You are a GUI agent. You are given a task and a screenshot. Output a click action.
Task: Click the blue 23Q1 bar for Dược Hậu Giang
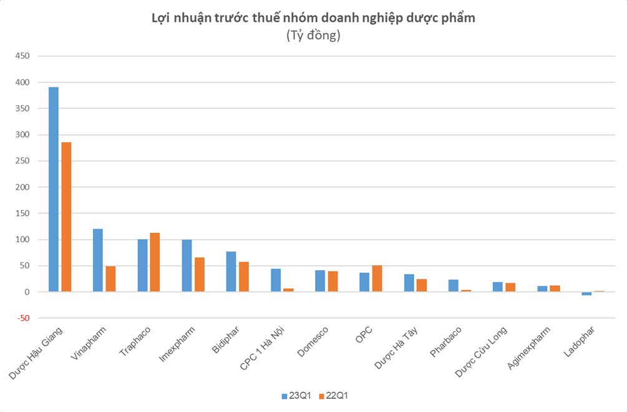click(x=54, y=189)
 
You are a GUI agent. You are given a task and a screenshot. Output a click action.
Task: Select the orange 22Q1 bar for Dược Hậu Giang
click(x=66, y=217)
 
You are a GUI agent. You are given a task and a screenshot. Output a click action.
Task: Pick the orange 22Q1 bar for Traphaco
click(x=155, y=262)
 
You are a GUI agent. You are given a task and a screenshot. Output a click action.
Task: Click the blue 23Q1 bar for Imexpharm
click(x=187, y=266)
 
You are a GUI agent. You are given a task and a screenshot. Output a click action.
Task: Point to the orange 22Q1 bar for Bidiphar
click(x=244, y=277)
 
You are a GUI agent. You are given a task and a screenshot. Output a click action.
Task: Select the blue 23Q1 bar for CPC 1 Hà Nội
click(x=276, y=280)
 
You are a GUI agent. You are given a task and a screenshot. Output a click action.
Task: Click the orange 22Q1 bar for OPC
click(x=377, y=278)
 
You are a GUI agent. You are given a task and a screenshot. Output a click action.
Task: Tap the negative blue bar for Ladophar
click(x=586, y=293)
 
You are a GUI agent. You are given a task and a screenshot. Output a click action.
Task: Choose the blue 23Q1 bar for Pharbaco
click(x=454, y=286)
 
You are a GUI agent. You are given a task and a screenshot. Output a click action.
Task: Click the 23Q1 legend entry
click(x=291, y=396)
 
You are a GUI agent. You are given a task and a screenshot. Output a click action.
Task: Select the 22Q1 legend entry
click(x=336, y=396)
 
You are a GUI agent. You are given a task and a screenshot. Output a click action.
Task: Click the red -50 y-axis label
click(x=23, y=318)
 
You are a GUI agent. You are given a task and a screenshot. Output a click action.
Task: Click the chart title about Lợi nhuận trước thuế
click(x=313, y=18)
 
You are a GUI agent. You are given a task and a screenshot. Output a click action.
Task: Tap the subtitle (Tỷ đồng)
click(x=313, y=36)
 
